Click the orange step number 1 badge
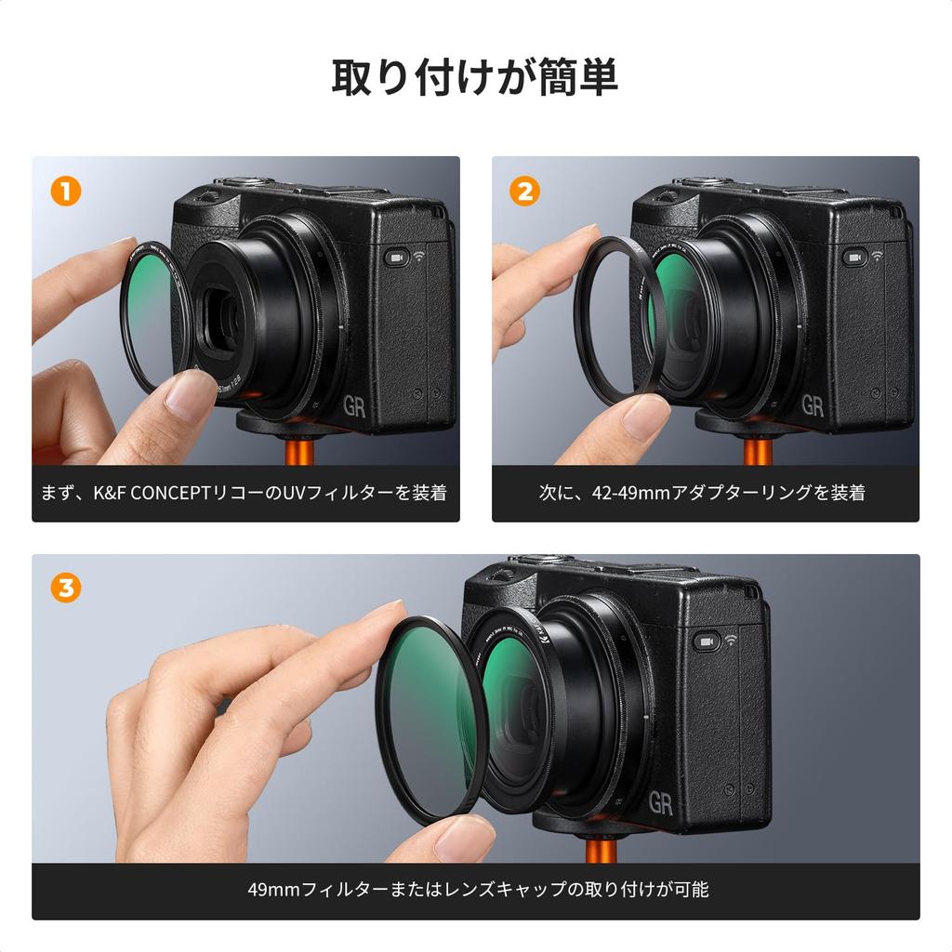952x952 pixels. [x=66, y=191]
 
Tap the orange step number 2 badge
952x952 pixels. [x=525, y=191]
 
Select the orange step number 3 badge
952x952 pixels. [x=66, y=588]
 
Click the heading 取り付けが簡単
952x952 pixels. [x=475, y=77]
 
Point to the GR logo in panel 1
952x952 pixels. [x=354, y=406]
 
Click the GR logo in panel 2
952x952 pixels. [x=813, y=406]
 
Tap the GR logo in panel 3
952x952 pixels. [x=661, y=804]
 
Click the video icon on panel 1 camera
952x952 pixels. [x=396, y=258]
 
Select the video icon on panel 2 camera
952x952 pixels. [x=853, y=258]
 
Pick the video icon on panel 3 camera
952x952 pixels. [x=707, y=641]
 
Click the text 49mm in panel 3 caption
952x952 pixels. [x=271, y=890]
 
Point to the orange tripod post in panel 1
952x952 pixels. [x=298, y=451]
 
